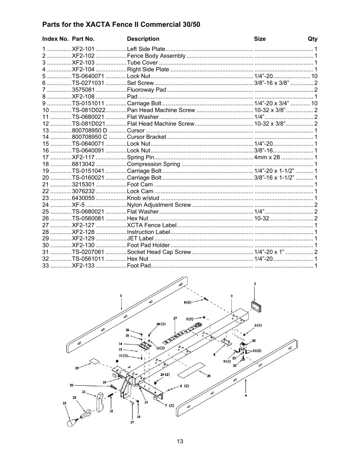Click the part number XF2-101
click(83, 49)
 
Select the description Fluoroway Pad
click(146, 90)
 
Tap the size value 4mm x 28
click(267, 157)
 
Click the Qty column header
click(312, 39)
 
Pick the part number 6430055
click(83, 198)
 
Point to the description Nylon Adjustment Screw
click(159, 205)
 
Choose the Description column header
click(143, 39)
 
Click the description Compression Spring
click(153, 164)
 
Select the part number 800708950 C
click(89, 137)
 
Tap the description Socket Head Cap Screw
click(159, 252)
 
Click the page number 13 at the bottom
click(180, 441)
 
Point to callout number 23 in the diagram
click(65, 403)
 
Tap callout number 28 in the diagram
click(208, 376)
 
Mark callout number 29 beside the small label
click(77, 368)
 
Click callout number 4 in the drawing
click(246, 396)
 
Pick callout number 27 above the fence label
click(175, 318)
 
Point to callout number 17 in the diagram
click(132, 423)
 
